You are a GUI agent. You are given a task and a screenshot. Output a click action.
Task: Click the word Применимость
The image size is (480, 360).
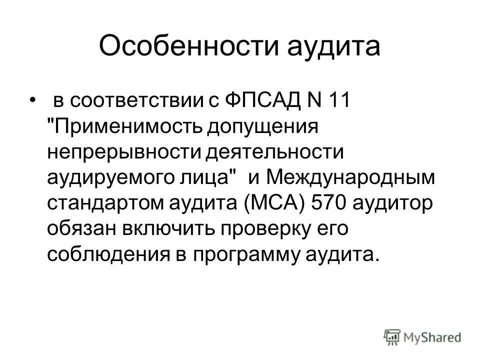(130, 126)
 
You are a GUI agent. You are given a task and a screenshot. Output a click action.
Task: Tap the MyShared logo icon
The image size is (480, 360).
(392, 336)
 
